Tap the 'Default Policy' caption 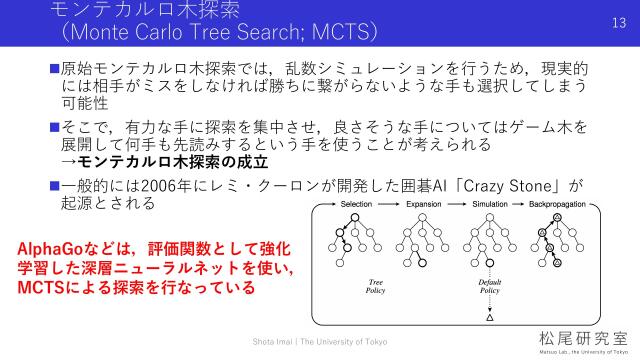[489, 288]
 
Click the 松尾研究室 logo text [574, 335]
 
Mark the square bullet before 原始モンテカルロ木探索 [55, 68]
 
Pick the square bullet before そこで [55, 127]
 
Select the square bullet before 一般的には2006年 [55, 186]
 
